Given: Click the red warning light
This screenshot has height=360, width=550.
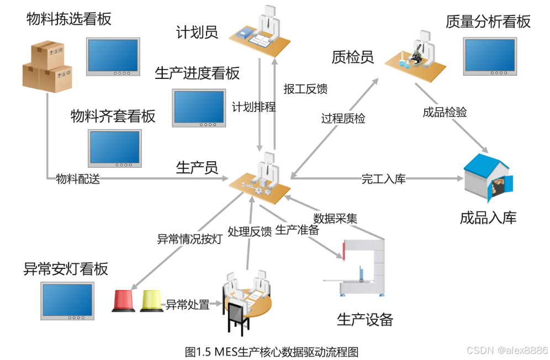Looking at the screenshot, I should tap(123, 300).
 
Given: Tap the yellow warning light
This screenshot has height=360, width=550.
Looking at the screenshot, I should tap(152, 300).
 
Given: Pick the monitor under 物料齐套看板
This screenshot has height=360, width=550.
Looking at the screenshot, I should tap(115, 148).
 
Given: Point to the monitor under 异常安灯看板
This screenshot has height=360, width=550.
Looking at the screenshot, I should tap(68, 301).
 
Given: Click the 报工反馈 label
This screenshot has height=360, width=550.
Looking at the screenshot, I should tap(305, 88).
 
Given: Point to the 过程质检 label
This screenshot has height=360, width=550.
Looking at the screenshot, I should tap(343, 118).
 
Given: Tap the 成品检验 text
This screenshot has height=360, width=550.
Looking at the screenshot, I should tap(445, 112).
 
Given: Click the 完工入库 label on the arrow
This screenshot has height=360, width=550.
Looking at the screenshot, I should tap(383, 178).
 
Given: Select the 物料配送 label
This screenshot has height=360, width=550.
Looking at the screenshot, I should tap(78, 178).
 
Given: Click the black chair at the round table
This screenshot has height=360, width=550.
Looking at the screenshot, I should tap(238, 317).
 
